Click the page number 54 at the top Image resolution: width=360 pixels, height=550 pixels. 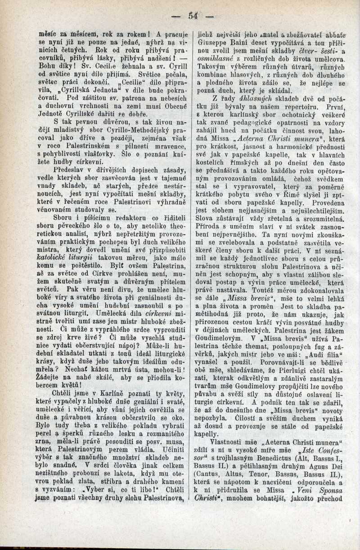(x=194, y=16)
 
